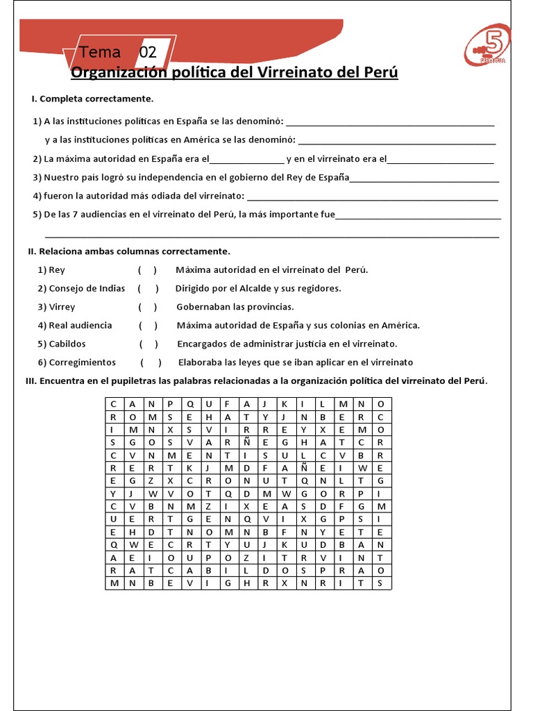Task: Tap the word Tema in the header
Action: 100,53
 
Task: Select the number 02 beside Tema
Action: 148,53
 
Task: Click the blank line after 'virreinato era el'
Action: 441,160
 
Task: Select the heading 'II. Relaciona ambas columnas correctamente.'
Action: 129,251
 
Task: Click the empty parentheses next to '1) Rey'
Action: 147,270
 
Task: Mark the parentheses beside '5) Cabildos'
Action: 149,344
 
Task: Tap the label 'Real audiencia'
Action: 80,325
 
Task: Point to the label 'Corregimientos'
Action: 82,362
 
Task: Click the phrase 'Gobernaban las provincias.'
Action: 235,307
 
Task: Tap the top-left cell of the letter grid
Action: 112,403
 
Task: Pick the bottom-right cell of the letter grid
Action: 381,583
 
